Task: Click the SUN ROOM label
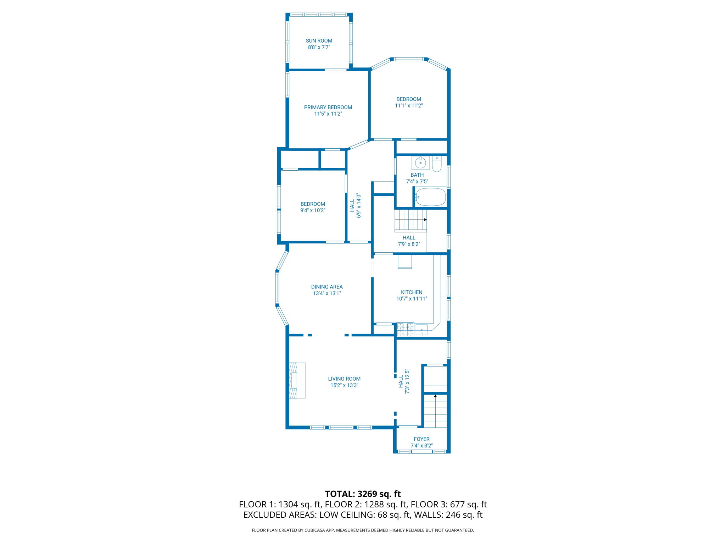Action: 319,41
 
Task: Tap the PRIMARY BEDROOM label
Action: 328,108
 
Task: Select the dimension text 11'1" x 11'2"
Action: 409,106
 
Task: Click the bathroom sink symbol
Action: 420,163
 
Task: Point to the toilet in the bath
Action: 437,164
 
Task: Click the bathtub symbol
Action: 431,197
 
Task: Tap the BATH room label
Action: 417,175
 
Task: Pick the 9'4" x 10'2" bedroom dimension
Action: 313,210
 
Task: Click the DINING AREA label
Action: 327,287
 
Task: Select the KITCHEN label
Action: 412,292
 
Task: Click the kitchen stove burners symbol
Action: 405,330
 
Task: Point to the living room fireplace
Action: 297,380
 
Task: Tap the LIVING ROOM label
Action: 344,379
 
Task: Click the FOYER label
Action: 421,439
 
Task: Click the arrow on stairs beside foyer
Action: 435,396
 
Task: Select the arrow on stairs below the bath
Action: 425,220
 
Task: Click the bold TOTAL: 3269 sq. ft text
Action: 363,494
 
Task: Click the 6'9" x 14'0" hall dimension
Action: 359,205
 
